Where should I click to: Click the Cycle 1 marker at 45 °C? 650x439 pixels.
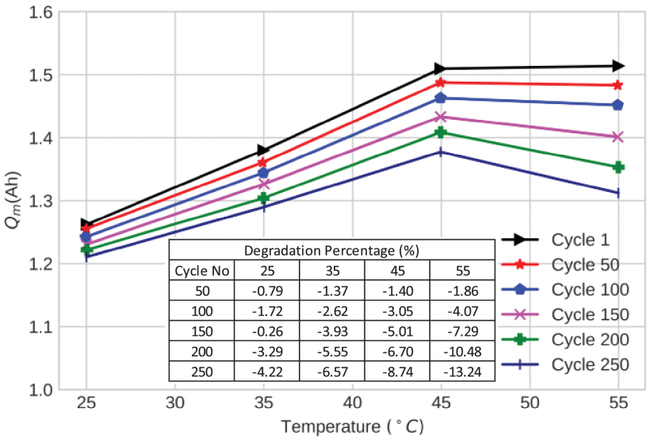click(x=440, y=69)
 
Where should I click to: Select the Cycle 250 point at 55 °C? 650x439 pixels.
click(x=617, y=193)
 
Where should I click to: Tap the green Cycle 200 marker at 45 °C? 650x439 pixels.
click(x=440, y=133)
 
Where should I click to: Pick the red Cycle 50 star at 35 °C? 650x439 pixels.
click(x=262, y=163)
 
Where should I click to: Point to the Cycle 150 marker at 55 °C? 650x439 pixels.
click(x=617, y=137)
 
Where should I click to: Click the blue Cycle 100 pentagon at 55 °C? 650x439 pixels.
click(x=617, y=105)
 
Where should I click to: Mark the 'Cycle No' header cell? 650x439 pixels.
click(x=201, y=271)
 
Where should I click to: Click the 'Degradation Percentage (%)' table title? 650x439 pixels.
click(x=331, y=251)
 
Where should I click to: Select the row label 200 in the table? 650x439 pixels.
click(x=201, y=352)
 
